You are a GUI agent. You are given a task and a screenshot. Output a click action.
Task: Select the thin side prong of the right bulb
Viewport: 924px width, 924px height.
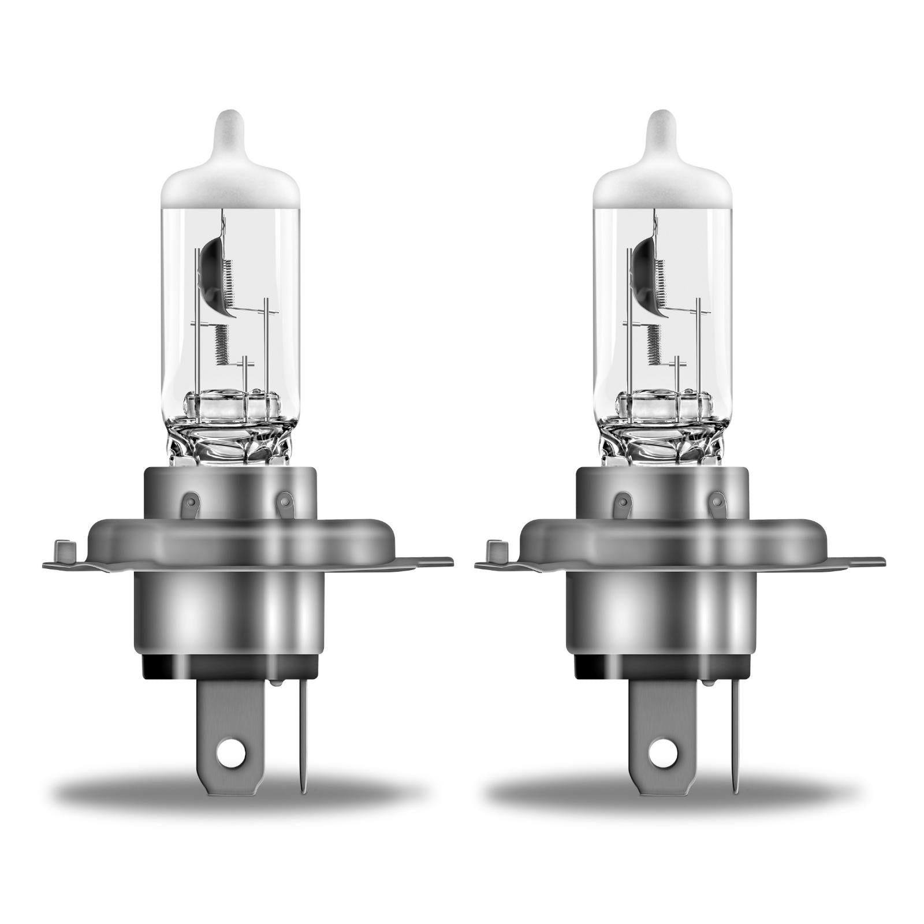(735, 733)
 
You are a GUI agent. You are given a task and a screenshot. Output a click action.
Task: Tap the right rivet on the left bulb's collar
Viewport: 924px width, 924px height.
(285, 501)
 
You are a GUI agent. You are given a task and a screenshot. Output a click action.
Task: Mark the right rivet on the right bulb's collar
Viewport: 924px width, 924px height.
(717, 501)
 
